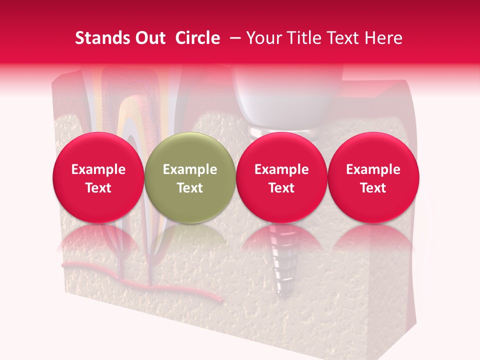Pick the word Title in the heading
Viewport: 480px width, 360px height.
tap(303, 38)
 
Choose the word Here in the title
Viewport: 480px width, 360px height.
tap(383, 38)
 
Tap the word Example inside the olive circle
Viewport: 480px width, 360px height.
tap(190, 169)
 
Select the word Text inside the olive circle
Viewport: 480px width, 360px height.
tap(190, 188)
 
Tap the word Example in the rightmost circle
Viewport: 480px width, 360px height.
tap(373, 169)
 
